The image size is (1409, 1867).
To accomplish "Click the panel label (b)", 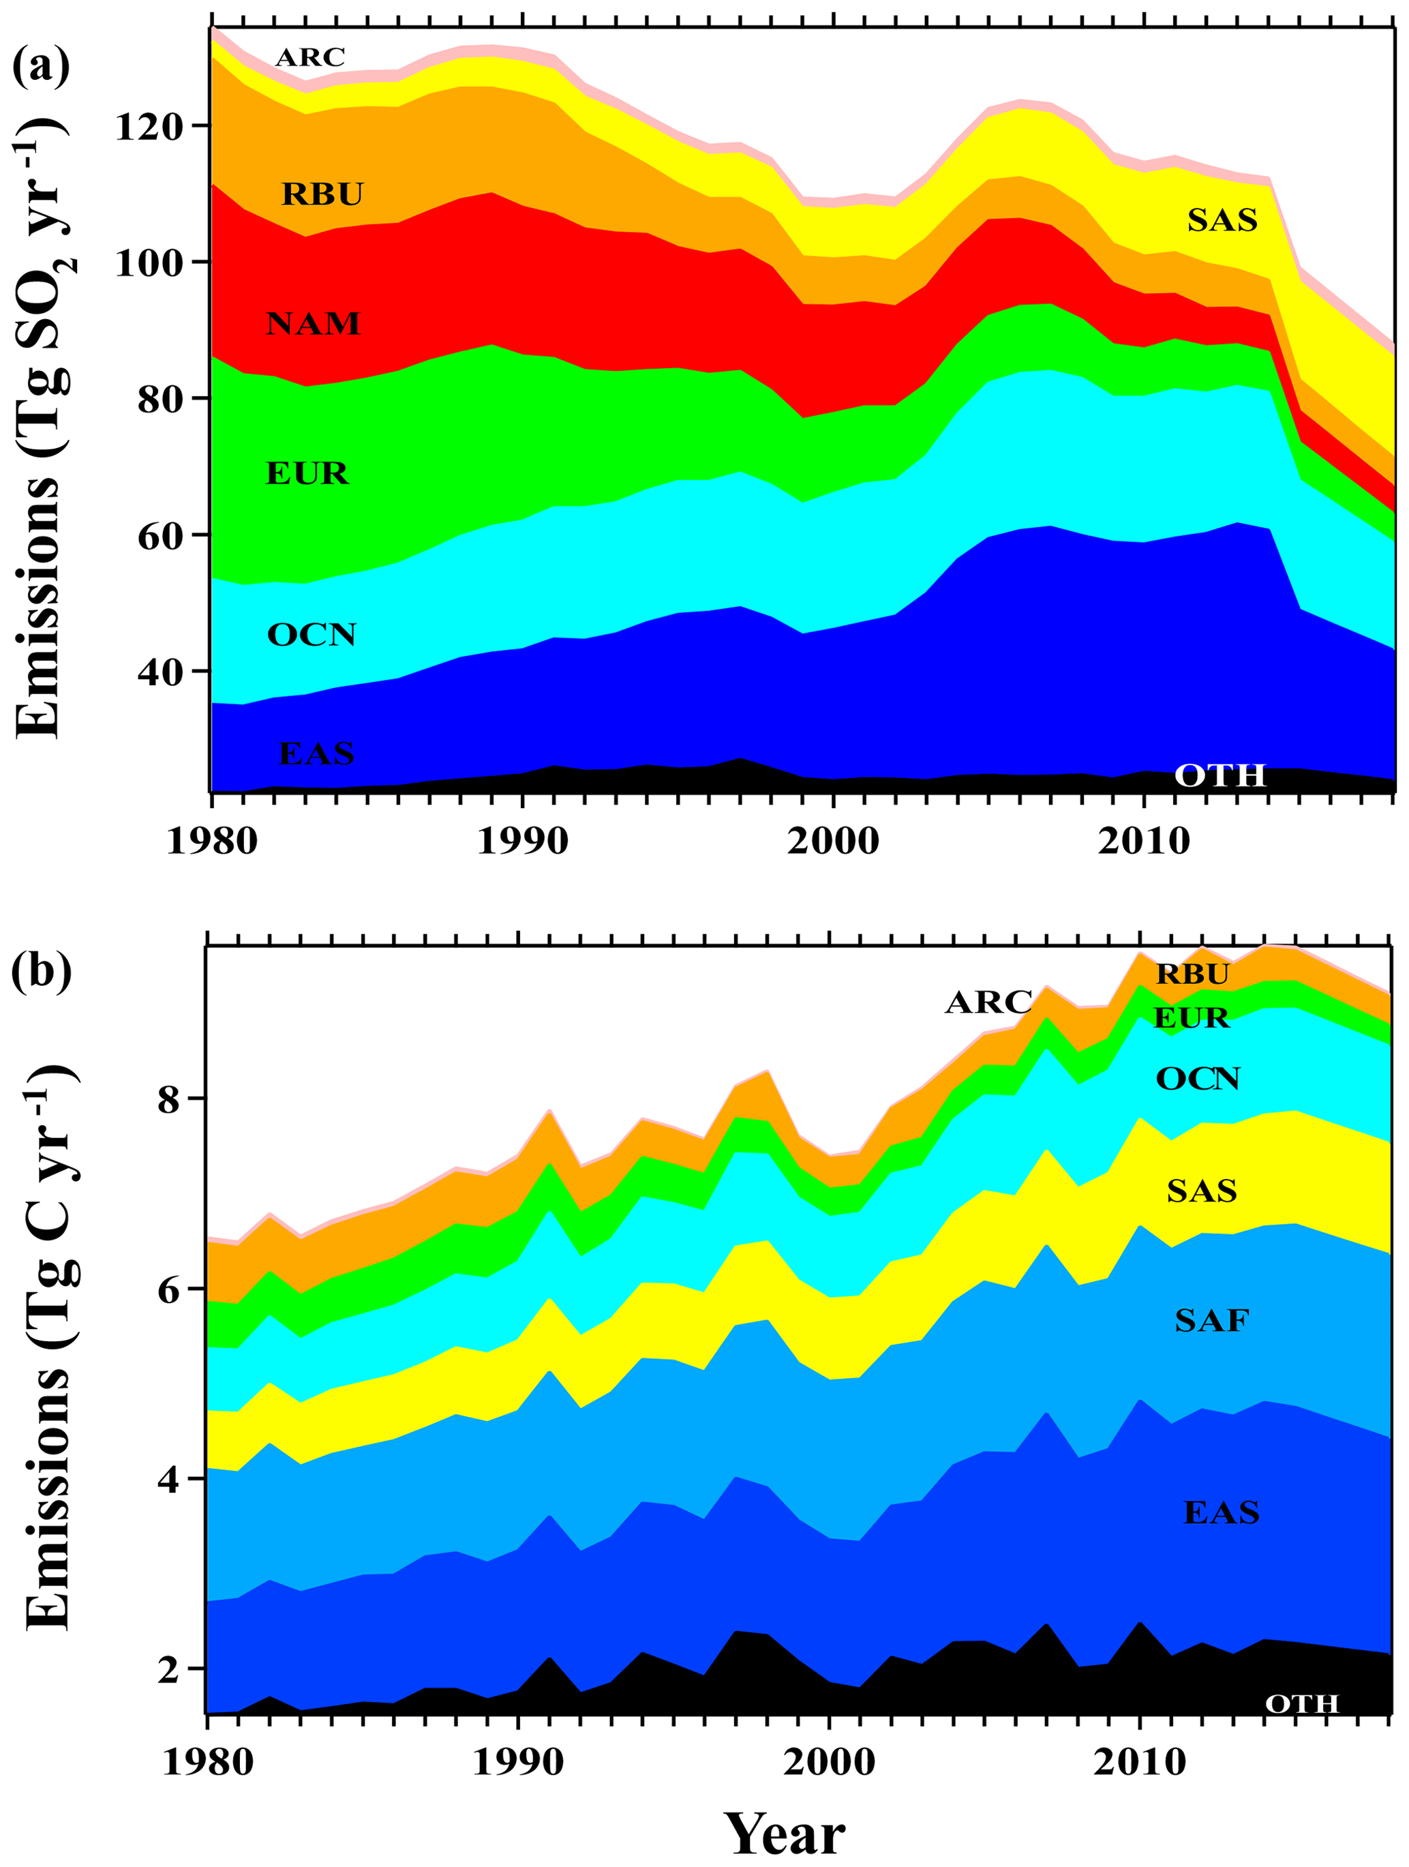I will click(x=40, y=970).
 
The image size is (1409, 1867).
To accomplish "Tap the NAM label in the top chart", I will click(x=313, y=324).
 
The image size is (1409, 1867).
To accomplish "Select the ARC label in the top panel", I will click(x=310, y=57).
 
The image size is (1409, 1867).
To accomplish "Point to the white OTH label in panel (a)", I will click(x=1220, y=775).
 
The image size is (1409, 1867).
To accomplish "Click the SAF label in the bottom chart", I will click(x=1211, y=1320).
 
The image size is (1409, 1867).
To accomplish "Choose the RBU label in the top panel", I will click(x=322, y=194).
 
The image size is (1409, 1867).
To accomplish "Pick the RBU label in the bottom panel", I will click(x=1192, y=974).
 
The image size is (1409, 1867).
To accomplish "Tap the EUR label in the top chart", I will click(x=307, y=473).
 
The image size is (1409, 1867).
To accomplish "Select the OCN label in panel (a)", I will click(x=312, y=635).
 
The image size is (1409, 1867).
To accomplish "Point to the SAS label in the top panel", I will click(x=1222, y=220).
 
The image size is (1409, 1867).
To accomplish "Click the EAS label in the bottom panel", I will click(x=1222, y=1512).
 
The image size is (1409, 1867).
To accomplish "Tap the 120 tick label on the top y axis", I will click(x=149, y=128).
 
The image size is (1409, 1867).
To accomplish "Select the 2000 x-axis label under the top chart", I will click(x=833, y=841).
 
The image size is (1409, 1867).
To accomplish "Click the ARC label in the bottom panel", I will click(x=988, y=1002).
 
